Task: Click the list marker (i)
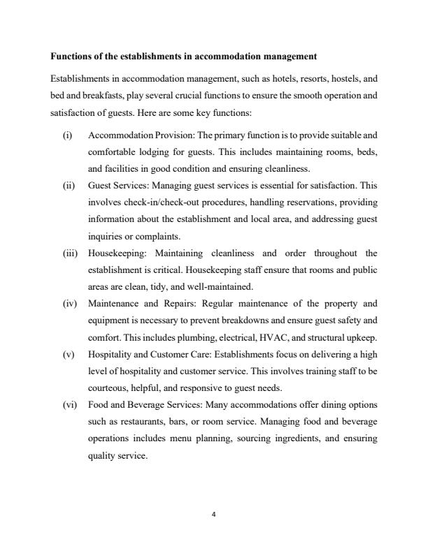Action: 66,133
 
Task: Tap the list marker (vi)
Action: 69,405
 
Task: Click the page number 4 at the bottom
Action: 214,515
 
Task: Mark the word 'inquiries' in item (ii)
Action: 107,236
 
